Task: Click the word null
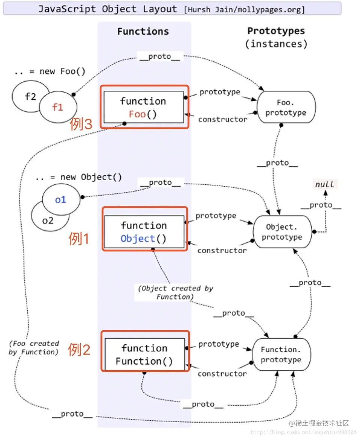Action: (x=324, y=184)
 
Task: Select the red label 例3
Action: (x=81, y=124)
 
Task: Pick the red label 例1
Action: (x=79, y=239)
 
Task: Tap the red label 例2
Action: (x=79, y=350)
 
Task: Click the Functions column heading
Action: (x=143, y=31)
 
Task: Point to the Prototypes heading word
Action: (x=276, y=31)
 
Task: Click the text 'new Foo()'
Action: (x=62, y=71)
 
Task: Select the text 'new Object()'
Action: (x=91, y=177)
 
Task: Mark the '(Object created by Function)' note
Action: (x=175, y=292)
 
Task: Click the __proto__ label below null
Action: (x=321, y=205)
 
